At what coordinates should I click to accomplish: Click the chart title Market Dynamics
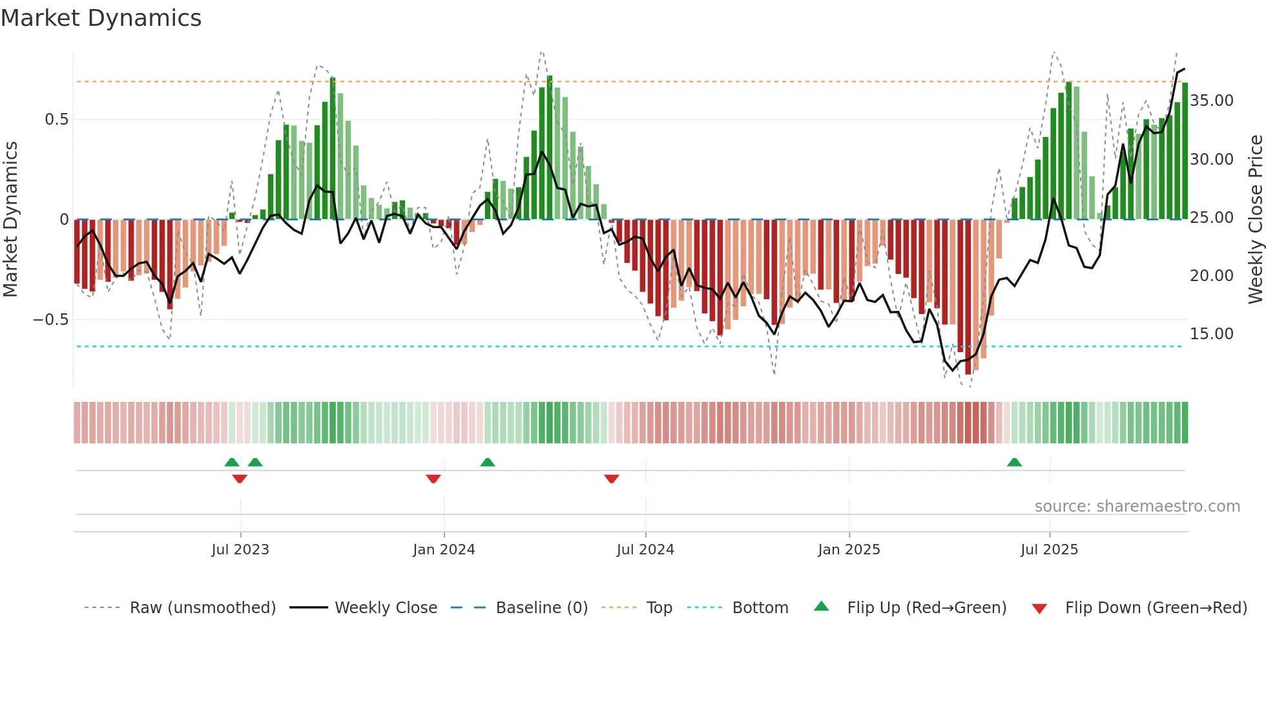tap(101, 18)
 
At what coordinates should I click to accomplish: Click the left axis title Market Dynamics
tap(11, 219)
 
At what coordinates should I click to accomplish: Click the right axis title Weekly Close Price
tap(1255, 219)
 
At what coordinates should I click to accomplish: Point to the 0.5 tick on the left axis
tap(56, 120)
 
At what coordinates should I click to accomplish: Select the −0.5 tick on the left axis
tap(50, 320)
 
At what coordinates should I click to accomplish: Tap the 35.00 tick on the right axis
tap(1211, 101)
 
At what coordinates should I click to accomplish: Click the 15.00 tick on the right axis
tap(1211, 334)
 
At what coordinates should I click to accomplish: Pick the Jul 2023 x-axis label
tap(240, 550)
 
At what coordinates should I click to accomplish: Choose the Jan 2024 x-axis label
tap(444, 550)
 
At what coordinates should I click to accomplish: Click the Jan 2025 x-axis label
tap(849, 550)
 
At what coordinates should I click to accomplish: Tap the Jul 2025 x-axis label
tap(1049, 550)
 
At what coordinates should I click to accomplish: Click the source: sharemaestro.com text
tap(1137, 507)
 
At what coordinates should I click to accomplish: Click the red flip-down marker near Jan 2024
tap(433, 479)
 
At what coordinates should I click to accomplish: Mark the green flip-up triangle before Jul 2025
tap(1014, 462)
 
